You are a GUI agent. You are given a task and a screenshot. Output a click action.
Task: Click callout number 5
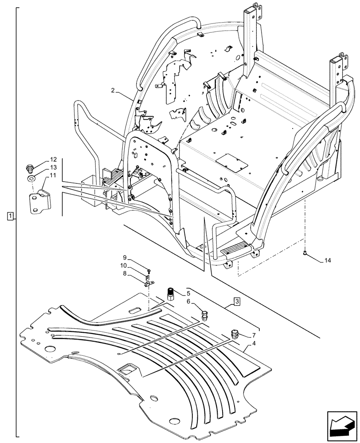point(188,293)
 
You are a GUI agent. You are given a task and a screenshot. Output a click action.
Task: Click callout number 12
point(53,159)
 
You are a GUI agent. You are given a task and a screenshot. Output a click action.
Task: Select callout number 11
point(53,176)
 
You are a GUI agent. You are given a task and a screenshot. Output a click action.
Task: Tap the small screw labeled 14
point(306,253)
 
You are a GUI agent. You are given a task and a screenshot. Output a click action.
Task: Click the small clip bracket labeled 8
point(148,280)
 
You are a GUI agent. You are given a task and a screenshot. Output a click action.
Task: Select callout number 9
point(125,257)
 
